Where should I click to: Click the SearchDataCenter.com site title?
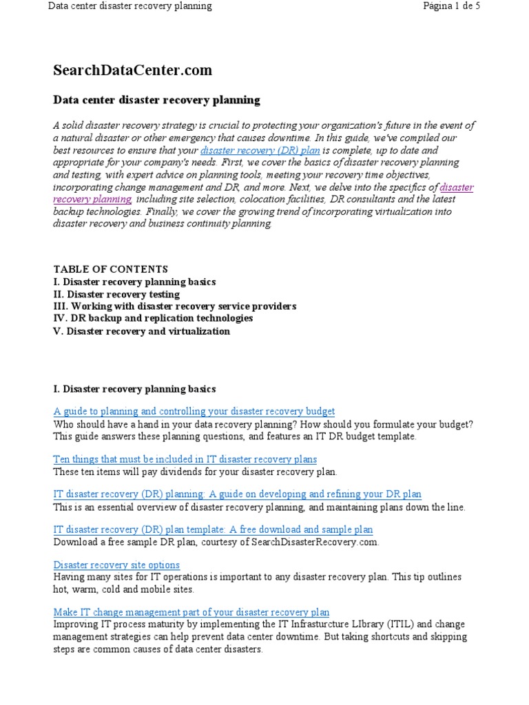(133, 70)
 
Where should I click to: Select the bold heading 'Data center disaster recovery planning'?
(156, 100)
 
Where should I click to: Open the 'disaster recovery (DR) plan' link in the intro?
(260, 150)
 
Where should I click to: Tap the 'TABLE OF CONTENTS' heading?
(110, 269)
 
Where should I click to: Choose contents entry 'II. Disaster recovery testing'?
(116, 294)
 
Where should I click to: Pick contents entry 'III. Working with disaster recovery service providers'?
(174, 306)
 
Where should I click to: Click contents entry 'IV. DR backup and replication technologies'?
(153, 319)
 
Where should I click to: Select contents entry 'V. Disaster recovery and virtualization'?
(141, 331)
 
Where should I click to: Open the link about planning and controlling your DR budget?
(194, 411)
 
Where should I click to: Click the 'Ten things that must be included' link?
(185, 459)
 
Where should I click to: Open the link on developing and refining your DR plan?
(237, 494)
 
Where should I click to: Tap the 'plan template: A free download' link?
(213, 529)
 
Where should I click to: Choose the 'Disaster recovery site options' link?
(116, 565)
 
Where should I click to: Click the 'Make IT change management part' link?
(191, 611)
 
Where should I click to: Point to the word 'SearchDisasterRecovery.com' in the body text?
(317, 542)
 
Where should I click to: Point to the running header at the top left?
(129, 6)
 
